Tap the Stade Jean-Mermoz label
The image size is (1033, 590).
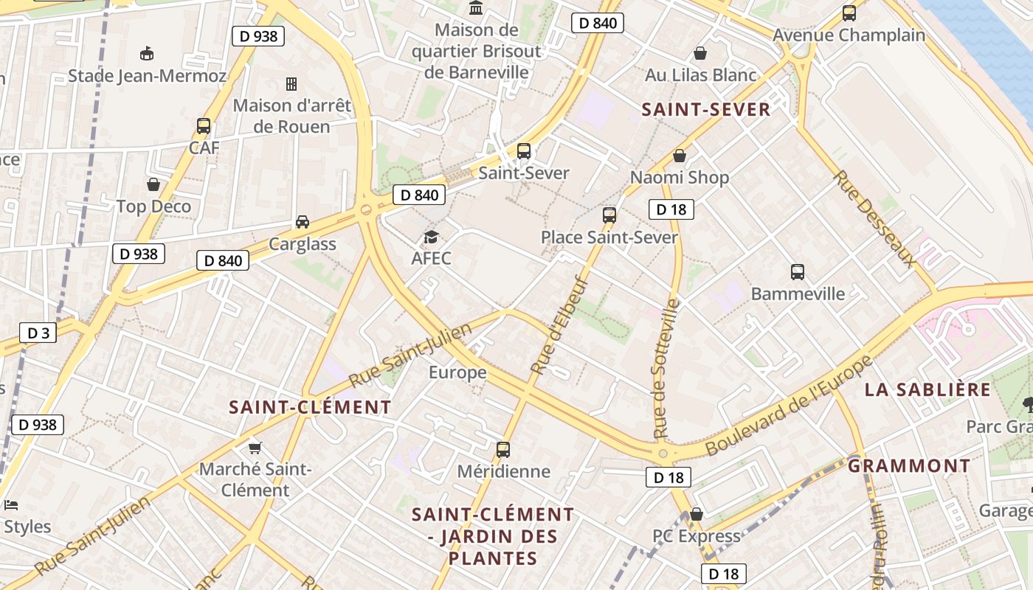click(x=147, y=76)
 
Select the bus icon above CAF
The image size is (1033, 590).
click(x=204, y=126)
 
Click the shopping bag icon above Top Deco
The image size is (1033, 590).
click(x=153, y=184)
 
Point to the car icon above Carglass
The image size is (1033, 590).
click(x=303, y=221)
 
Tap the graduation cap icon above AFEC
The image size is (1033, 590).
click(x=431, y=237)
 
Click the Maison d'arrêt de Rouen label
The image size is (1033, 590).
click(x=292, y=116)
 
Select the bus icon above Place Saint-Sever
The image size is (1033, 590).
click(x=609, y=215)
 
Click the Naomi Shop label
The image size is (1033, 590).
click(x=679, y=177)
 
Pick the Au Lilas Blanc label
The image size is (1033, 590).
click(x=700, y=75)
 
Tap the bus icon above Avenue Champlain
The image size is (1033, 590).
click(x=849, y=13)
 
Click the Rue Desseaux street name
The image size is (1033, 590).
click(x=875, y=218)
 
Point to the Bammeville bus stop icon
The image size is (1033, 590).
click(x=798, y=272)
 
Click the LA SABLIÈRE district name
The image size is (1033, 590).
click(x=927, y=390)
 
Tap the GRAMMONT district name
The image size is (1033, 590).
click(x=908, y=466)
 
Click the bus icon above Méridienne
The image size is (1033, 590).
click(x=503, y=449)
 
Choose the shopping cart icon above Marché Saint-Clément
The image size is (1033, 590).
click(x=255, y=448)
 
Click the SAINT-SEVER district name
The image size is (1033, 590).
click(x=705, y=110)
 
